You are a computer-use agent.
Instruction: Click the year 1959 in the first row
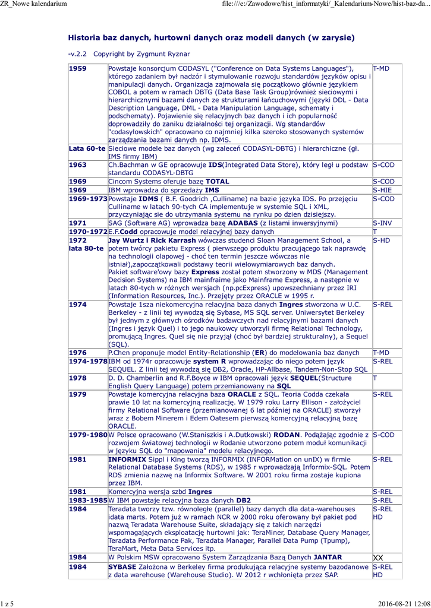click(78, 68)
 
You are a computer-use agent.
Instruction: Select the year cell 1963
click(78, 164)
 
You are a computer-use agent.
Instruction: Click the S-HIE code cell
click(382, 190)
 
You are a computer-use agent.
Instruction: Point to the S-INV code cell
click(382, 223)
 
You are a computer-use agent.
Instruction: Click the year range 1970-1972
click(88, 232)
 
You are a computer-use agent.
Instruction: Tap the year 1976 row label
click(78, 353)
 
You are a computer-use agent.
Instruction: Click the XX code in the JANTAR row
click(379, 558)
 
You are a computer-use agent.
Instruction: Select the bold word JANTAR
click(327, 558)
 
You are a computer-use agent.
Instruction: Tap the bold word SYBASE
click(122, 567)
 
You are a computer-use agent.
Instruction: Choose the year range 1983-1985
click(88, 501)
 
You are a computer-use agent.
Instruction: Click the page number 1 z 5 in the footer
click(7, 604)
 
